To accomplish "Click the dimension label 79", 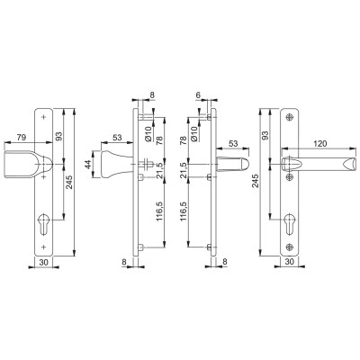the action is pos(21,138).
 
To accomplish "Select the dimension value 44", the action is pos(88,165).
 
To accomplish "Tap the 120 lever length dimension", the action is pos(319,144).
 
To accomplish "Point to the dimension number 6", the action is pos(198,95).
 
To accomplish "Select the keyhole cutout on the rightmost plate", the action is pos(290,225).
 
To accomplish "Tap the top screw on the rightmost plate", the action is pos(290,117).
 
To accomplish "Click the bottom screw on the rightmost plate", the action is pos(290,247).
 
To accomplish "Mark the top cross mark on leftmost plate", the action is pos(44,117).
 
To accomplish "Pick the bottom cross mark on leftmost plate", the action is pos(44,247).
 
